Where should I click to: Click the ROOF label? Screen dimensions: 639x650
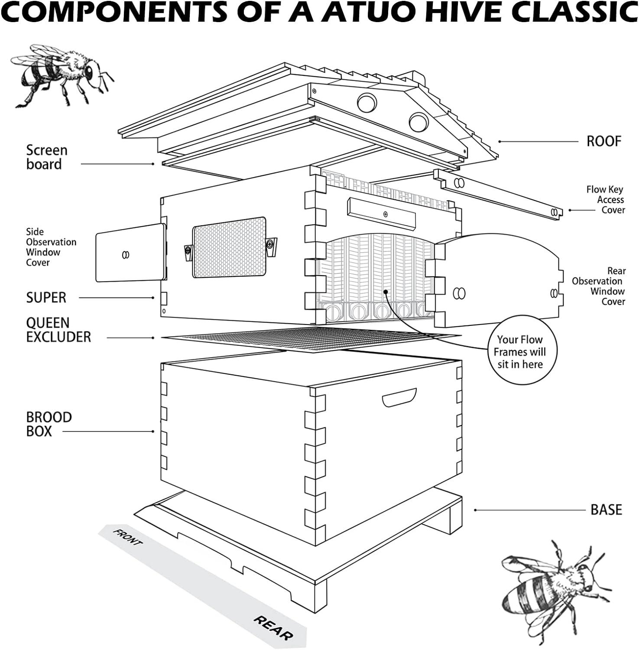[x=603, y=141]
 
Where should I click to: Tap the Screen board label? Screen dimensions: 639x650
[x=47, y=157]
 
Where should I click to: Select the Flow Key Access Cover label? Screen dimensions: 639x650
[x=605, y=200]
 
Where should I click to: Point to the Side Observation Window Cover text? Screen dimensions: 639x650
[x=51, y=247]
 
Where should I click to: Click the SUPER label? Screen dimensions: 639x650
[x=46, y=298]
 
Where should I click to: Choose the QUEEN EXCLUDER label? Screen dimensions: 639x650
[x=58, y=330]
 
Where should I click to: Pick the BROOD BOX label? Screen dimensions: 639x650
[x=49, y=424]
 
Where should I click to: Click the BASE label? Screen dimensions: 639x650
[x=606, y=510]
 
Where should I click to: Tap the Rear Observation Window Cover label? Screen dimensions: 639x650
[x=598, y=286]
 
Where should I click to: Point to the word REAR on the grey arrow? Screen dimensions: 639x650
[x=272, y=627]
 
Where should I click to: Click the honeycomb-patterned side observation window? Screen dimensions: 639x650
[x=230, y=247]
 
